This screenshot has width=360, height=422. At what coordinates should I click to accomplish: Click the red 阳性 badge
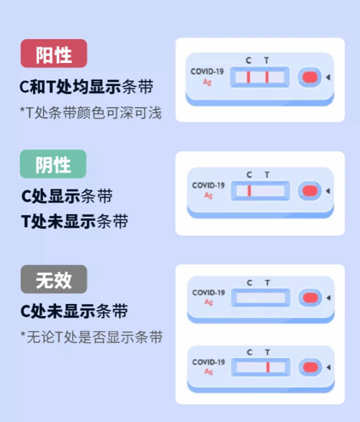54,53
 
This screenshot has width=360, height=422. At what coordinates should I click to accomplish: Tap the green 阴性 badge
53,164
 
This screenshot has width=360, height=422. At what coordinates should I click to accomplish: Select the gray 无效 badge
54,279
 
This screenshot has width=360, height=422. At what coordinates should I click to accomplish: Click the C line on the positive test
248,78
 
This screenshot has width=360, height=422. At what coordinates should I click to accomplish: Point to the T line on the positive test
267,78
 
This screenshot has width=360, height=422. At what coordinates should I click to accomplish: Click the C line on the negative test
249,191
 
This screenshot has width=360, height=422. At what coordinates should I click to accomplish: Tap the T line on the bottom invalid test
268,368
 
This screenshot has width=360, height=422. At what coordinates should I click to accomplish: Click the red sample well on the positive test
310,78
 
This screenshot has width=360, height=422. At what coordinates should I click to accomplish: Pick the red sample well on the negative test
310,191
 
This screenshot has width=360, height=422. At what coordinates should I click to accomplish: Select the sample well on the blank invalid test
310,297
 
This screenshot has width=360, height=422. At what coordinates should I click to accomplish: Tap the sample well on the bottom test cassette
310,368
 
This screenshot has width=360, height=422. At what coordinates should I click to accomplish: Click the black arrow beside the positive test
328,78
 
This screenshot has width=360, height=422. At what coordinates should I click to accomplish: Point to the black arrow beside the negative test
328,191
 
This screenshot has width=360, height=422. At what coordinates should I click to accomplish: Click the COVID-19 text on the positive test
207,72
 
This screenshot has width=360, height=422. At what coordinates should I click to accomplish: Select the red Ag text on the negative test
208,195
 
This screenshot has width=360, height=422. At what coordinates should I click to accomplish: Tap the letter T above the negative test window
267,175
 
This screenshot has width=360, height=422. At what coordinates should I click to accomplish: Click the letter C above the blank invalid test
249,283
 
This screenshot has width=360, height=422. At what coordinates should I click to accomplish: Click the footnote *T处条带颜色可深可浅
91,113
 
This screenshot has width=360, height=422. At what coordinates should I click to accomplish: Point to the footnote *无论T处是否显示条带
91,337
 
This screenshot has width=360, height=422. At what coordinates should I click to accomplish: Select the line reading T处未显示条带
75,221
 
